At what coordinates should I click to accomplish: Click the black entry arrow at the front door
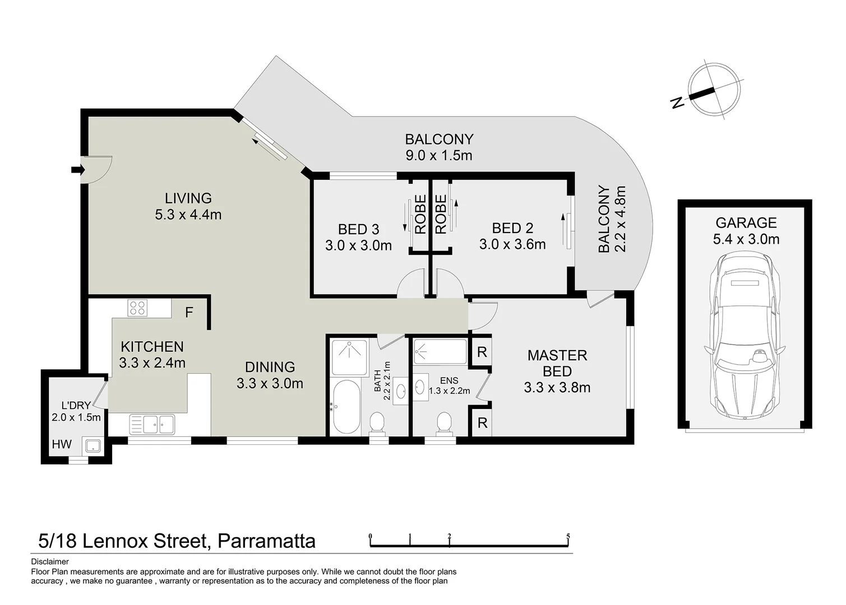click(x=77, y=169)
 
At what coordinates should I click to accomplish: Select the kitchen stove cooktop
click(x=137, y=308)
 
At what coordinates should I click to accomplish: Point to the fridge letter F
click(x=189, y=313)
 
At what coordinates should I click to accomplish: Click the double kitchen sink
click(x=152, y=424)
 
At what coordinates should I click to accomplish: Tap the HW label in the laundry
click(x=62, y=444)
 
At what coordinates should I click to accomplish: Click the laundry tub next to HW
click(x=92, y=446)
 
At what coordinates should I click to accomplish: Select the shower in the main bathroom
click(x=350, y=357)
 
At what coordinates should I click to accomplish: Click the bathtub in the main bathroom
click(x=345, y=407)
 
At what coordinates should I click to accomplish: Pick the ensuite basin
click(x=420, y=387)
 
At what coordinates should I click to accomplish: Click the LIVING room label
click(x=188, y=198)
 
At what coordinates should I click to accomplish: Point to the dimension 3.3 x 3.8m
click(x=557, y=388)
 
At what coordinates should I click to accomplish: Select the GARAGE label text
click(x=746, y=223)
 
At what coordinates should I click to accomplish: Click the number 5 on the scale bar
click(x=568, y=537)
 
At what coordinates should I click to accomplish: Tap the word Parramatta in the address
click(x=266, y=541)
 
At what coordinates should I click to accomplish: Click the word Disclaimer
click(x=50, y=561)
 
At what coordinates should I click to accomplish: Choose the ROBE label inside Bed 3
click(x=420, y=214)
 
